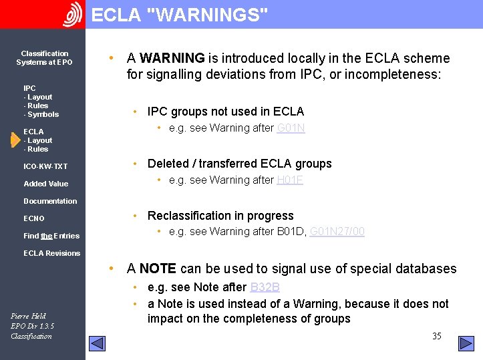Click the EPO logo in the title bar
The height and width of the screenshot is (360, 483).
[x=72, y=14]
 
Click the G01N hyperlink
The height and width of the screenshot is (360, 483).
[x=291, y=128]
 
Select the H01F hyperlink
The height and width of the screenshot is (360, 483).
[x=290, y=180]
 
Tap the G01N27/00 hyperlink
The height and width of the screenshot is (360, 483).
[x=337, y=232]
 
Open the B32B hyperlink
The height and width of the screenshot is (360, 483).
[x=265, y=288]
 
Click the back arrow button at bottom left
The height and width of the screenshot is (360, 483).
[x=98, y=343]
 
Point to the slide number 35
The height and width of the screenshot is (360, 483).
[x=436, y=336]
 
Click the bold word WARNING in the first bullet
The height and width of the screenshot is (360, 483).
[x=172, y=59]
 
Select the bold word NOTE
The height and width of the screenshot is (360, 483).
[x=158, y=269]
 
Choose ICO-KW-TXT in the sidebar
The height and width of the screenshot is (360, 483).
[x=45, y=166]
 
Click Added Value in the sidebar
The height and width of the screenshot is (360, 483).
[x=45, y=184]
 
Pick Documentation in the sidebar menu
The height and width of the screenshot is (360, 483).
[x=50, y=201]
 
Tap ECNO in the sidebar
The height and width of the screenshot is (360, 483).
[x=34, y=218]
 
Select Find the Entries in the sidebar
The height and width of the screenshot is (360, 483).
[x=51, y=236]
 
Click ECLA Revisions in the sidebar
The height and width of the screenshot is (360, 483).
[x=51, y=253]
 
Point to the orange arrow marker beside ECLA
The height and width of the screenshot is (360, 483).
[x=15, y=140]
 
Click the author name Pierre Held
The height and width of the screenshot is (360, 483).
[x=29, y=316]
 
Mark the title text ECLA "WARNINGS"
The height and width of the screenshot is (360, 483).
[x=180, y=15]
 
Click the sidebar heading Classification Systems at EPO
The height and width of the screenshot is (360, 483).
[x=44, y=58]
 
